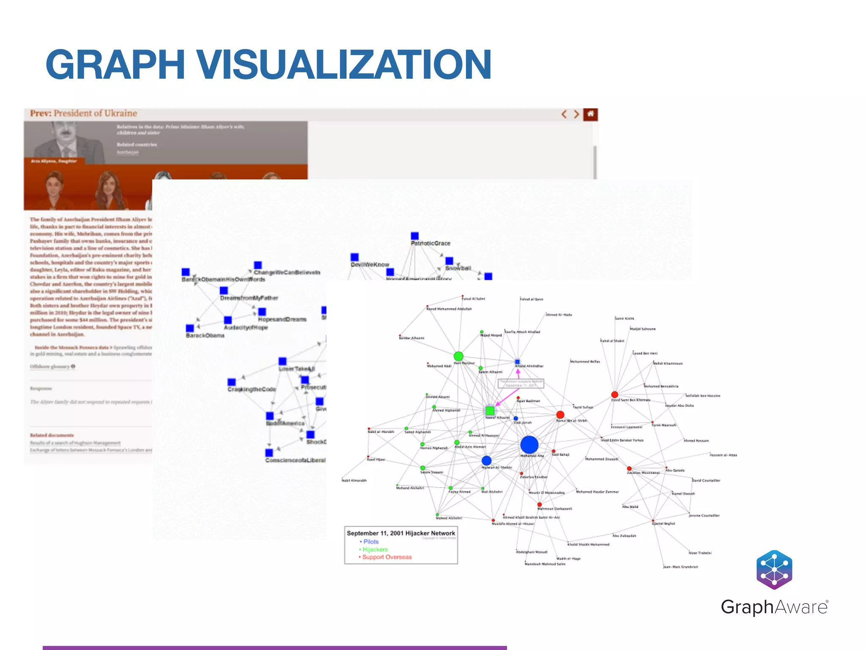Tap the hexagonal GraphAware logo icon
[x=774, y=570]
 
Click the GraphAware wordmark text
[x=774, y=607]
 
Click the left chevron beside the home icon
[x=564, y=114]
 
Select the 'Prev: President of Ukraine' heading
[x=84, y=113]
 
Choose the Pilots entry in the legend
[x=370, y=542]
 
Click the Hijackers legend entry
[x=375, y=549]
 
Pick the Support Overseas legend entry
[x=386, y=557]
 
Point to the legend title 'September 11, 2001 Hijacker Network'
[x=401, y=533]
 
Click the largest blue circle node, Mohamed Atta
[x=529, y=445]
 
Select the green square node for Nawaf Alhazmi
[x=490, y=410]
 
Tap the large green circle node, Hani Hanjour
[x=458, y=356]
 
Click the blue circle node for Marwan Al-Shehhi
[x=487, y=460]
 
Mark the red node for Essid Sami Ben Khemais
[x=614, y=395]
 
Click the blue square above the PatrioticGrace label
[x=415, y=236]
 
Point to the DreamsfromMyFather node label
[x=249, y=298]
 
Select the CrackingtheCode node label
[x=252, y=389]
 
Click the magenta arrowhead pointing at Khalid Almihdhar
[x=518, y=372]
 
